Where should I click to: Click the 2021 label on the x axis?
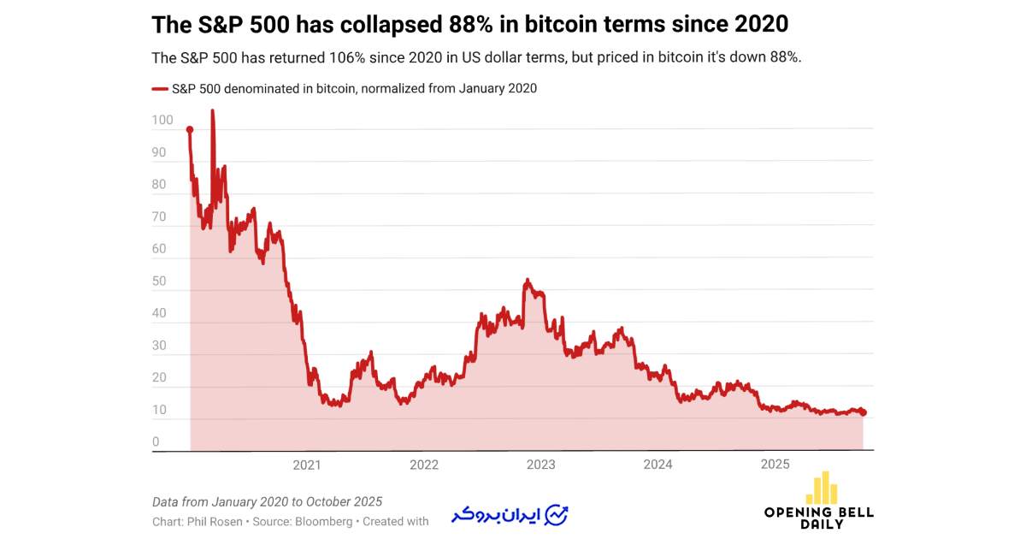[306, 465]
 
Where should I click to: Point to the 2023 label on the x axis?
[540, 465]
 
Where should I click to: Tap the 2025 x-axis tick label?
[775, 465]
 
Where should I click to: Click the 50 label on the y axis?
[159, 281]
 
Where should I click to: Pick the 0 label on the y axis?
[156, 442]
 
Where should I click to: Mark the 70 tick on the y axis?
[159, 217]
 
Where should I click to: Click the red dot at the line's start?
[190, 129]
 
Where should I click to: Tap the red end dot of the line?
[863, 412]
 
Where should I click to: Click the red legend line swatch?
[160, 88]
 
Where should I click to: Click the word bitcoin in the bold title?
[568, 25]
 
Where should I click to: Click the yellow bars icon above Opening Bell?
[822, 488]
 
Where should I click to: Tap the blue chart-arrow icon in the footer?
[557, 515]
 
